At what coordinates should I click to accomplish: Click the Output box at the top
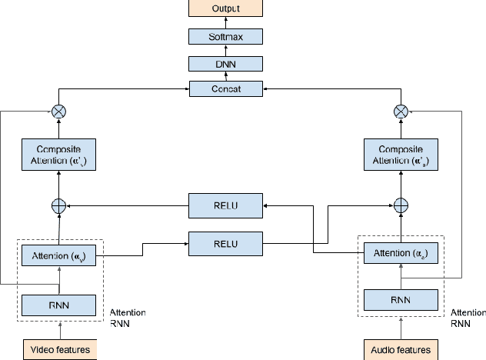(x=227, y=8)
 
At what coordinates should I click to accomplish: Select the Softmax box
(x=227, y=36)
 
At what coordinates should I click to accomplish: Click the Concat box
(x=227, y=88)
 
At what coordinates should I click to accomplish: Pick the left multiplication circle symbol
(x=59, y=112)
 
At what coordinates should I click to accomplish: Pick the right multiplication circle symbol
(x=400, y=112)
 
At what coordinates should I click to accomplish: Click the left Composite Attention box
(x=59, y=155)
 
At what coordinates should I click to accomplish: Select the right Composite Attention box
(x=400, y=155)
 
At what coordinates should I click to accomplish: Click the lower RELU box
(x=227, y=245)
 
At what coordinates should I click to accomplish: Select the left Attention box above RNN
(x=59, y=254)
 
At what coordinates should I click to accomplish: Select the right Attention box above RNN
(x=400, y=254)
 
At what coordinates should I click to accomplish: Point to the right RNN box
(x=400, y=298)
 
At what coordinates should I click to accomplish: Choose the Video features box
(x=59, y=350)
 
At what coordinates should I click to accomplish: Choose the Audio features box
(x=400, y=350)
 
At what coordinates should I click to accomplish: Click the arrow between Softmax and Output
(x=227, y=22)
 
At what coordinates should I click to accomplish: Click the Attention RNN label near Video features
(x=128, y=318)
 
